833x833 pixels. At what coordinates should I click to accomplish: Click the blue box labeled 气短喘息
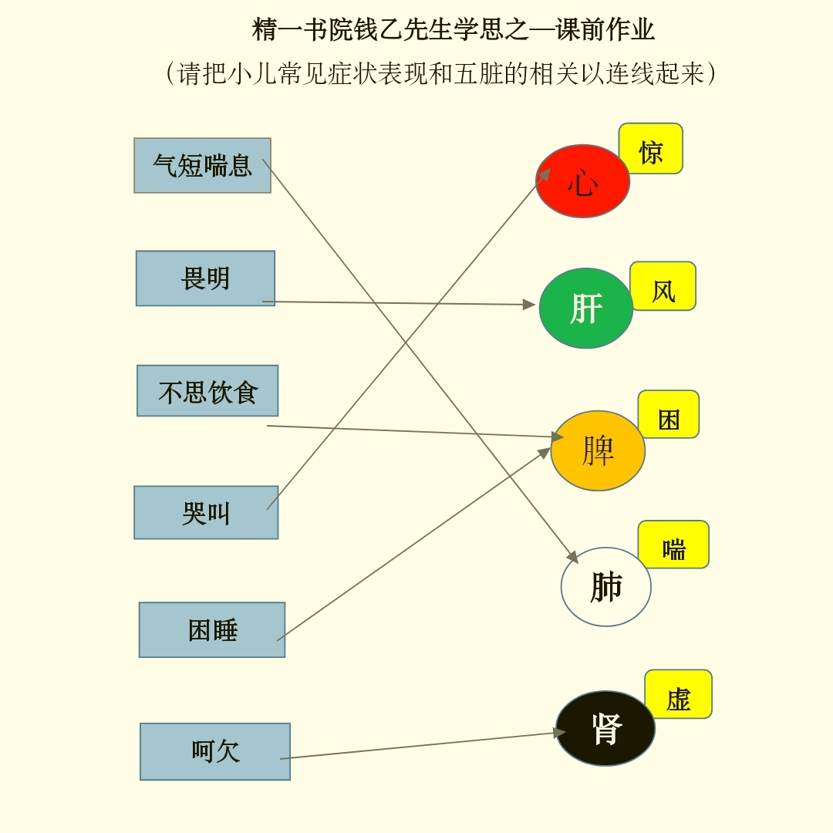click(x=202, y=165)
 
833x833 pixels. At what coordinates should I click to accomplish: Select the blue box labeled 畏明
click(x=206, y=278)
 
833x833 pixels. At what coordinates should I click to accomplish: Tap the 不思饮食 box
click(x=207, y=390)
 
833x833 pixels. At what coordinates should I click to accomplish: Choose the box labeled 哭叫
click(x=206, y=513)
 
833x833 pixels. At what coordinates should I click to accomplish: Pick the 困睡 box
click(x=212, y=630)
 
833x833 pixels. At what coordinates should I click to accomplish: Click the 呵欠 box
click(x=215, y=752)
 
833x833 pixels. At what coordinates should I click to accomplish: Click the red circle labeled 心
click(x=583, y=181)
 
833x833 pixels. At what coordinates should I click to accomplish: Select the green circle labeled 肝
click(x=586, y=308)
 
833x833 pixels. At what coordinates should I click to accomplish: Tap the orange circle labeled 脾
click(x=599, y=450)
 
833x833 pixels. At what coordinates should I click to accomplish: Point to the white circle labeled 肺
click(x=606, y=587)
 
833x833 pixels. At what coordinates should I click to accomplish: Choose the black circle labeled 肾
click(x=605, y=728)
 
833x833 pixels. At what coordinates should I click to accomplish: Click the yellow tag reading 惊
click(x=651, y=149)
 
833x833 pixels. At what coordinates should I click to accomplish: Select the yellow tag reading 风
click(x=663, y=286)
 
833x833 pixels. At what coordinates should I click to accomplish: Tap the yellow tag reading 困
click(x=669, y=415)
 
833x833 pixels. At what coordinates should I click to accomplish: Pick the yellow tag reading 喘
click(x=673, y=545)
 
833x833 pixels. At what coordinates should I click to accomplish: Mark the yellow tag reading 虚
click(x=679, y=694)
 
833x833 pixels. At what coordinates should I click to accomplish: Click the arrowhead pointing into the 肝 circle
click(x=529, y=305)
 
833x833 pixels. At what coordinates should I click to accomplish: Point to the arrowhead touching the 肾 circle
click(x=559, y=733)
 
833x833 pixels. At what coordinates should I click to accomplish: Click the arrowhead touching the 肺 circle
click(x=572, y=557)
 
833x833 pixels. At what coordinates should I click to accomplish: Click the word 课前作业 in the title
click(x=605, y=29)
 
